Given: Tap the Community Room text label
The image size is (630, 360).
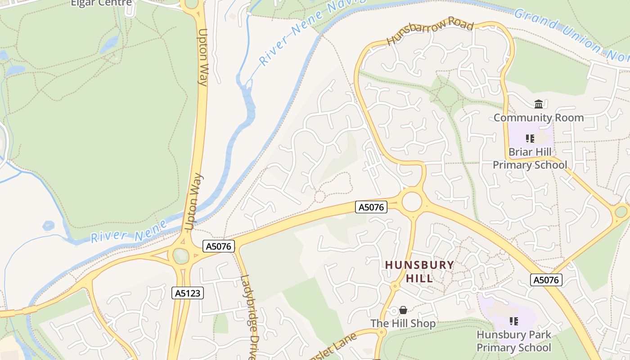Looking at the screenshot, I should pyautogui.click(x=539, y=118).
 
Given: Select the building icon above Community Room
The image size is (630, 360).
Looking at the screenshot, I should pyautogui.click(x=539, y=104).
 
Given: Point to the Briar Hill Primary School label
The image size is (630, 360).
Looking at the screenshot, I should pyautogui.click(x=530, y=158).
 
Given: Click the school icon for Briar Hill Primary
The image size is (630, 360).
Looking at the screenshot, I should pyautogui.click(x=530, y=139).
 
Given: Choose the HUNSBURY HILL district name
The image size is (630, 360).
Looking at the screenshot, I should pyautogui.click(x=419, y=271).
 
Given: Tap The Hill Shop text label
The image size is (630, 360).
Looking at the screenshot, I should pyautogui.click(x=403, y=324).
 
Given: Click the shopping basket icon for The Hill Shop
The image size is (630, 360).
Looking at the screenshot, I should pyautogui.click(x=403, y=310).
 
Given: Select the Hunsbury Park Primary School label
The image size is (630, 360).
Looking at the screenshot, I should pyautogui.click(x=513, y=341).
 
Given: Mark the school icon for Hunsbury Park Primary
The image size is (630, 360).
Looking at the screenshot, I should pyautogui.click(x=513, y=321).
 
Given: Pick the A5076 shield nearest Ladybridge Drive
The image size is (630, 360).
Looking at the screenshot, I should pyautogui.click(x=219, y=246).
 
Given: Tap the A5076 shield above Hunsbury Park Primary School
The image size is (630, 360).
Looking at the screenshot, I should pyautogui.click(x=546, y=280).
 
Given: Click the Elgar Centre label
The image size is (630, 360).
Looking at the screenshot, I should pyautogui.click(x=101, y=3).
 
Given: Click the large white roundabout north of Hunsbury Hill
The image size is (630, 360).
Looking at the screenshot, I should pyautogui.click(x=412, y=202).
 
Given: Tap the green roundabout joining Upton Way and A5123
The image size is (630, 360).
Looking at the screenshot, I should pyautogui.click(x=181, y=256).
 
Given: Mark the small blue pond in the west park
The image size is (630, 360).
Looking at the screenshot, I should pyautogui.click(x=48, y=225).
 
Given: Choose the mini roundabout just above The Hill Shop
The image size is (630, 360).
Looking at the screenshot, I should pyautogui.click(x=395, y=286).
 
